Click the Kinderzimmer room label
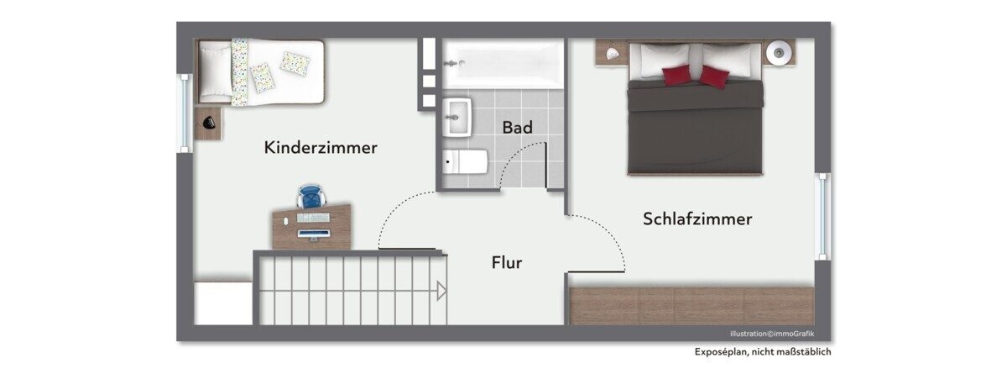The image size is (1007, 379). click(321, 148)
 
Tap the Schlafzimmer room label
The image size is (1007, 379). click(697, 218)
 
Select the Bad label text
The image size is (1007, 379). click(518, 128)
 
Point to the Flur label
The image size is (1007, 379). click(507, 262)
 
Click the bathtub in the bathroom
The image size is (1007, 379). click(503, 64)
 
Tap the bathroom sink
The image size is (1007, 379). click(457, 117)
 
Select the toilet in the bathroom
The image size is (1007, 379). click(465, 162)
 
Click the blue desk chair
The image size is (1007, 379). click(311, 197)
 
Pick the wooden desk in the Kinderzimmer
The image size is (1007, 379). click(311, 227)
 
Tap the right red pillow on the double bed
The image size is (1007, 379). click(714, 76)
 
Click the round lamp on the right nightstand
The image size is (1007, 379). click(779, 53)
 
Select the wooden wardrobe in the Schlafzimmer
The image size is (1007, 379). click(691, 306)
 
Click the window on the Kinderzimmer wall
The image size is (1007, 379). click(185, 113)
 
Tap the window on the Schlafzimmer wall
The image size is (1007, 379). click(822, 217)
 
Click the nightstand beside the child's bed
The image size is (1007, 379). click(208, 123)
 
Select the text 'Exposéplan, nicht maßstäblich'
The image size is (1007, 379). click(763, 352)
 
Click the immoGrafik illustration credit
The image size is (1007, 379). click(772, 334)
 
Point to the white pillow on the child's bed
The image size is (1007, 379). click(216, 72)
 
